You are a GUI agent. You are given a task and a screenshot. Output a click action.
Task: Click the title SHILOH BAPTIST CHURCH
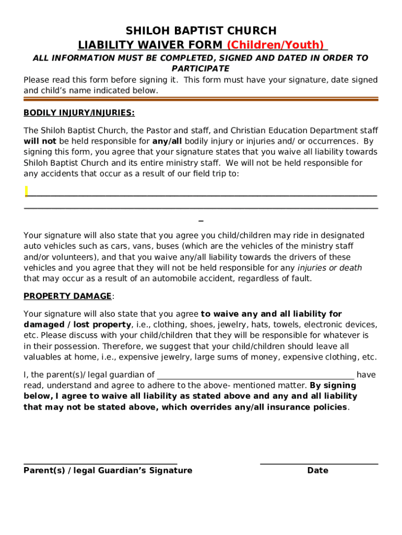pyautogui.click(x=200, y=30)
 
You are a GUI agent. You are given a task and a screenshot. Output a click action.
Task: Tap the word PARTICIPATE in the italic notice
pyautogui.click(x=200, y=68)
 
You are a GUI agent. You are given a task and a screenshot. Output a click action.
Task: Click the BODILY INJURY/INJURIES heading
pyautogui.click(x=79, y=112)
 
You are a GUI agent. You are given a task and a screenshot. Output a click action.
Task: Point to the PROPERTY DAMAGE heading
pyautogui.click(x=67, y=296)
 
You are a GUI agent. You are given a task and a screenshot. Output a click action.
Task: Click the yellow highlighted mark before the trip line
pyautogui.click(x=26, y=191)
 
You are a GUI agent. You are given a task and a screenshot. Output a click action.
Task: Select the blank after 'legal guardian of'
pyautogui.click(x=255, y=375)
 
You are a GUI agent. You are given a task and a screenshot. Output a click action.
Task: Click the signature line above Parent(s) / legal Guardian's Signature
pyautogui.click(x=100, y=463)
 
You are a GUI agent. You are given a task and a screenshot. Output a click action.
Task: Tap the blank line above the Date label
pyautogui.click(x=318, y=463)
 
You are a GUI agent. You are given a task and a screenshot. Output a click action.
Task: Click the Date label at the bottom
pyautogui.click(x=317, y=470)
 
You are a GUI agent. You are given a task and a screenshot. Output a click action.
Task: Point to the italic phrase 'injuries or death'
pyautogui.click(x=329, y=268)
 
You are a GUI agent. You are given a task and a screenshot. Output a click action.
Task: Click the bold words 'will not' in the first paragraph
pyautogui.click(x=40, y=142)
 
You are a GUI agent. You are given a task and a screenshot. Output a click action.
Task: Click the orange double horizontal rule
pyautogui.click(x=200, y=98)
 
